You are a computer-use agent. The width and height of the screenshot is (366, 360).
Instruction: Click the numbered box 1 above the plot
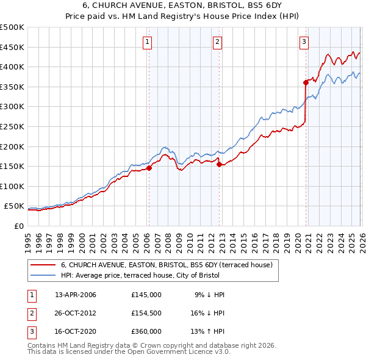[x=148, y=42]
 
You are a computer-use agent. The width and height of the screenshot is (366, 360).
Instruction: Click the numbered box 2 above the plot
[x=218, y=42]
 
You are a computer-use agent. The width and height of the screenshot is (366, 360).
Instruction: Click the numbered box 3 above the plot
[x=304, y=42]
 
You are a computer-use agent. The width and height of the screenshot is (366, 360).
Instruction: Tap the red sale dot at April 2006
[x=149, y=168]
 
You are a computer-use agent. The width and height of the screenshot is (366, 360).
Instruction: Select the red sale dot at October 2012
[x=219, y=164]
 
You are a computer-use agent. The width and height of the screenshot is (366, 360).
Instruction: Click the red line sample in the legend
[x=43, y=265]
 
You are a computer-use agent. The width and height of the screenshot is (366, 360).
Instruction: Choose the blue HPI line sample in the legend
[x=43, y=275]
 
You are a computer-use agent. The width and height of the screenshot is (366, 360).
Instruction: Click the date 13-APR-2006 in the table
[x=76, y=295]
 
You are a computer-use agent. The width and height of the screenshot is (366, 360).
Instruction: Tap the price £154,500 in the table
[x=146, y=313]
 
